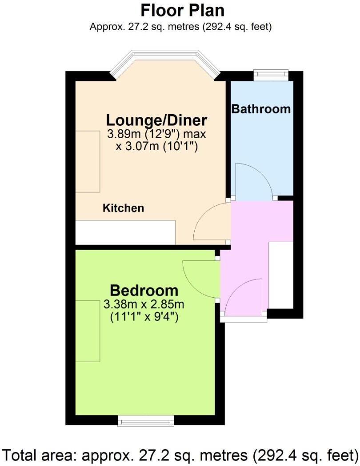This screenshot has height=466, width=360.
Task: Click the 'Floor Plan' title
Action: pos(182,10)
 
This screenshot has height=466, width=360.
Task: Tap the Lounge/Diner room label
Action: pos(156,120)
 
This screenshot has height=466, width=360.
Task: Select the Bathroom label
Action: pos(261,108)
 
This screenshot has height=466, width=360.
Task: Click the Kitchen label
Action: pos(124,208)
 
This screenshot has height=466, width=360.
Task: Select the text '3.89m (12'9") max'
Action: pos(156,134)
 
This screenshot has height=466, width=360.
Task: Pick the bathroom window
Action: pos(271,74)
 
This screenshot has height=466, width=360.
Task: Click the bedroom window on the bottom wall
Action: pos(146,420)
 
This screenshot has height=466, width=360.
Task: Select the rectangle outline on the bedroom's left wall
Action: pos(88,331)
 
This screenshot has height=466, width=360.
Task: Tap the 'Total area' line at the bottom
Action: pos(180,455)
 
